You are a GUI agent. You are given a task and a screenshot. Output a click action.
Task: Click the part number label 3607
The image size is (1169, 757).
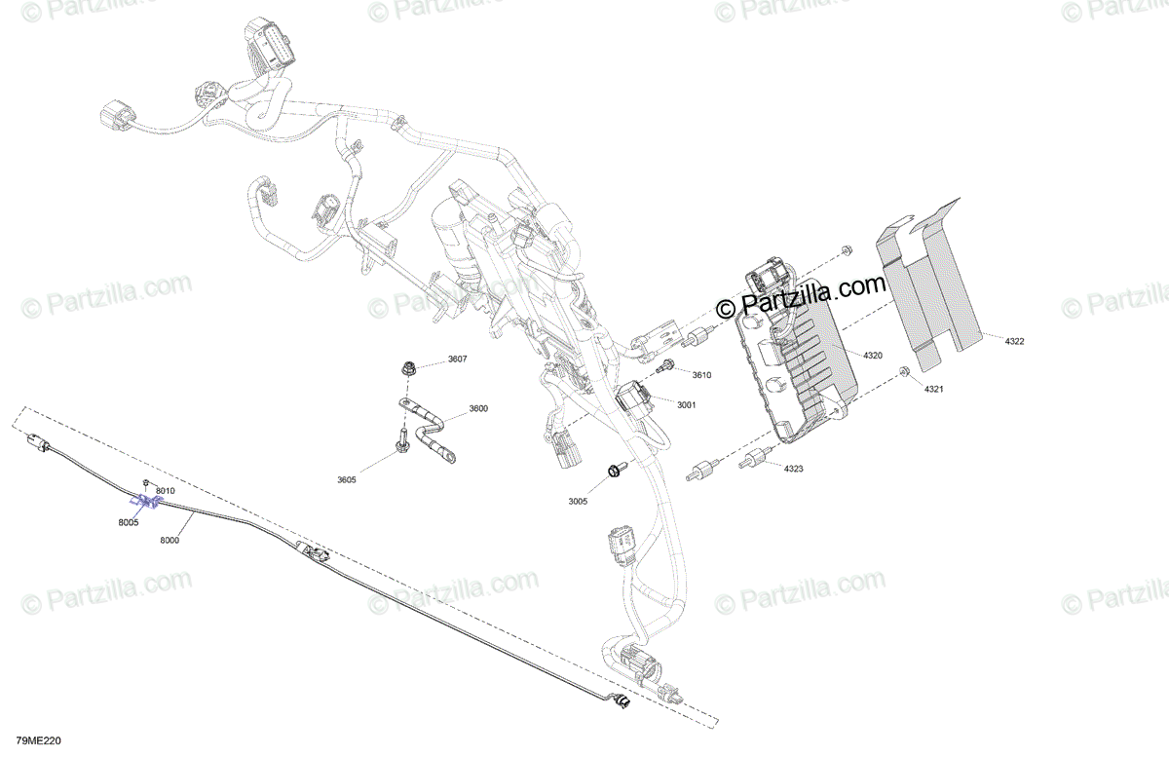point(457,360)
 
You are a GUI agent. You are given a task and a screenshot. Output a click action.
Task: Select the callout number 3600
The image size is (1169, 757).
point(477,408)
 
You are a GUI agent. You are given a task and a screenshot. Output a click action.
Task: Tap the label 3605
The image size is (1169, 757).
point(347,479)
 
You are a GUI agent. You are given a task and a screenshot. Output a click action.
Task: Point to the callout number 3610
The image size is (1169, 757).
point(702,375)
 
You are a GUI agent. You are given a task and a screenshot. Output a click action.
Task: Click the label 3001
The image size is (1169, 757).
point(686,404)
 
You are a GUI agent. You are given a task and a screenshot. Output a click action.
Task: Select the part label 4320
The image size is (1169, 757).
point(872,356)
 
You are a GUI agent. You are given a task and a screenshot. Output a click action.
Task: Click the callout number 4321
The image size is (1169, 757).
point(935,390)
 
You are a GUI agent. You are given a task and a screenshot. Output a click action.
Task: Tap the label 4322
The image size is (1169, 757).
point(1014,341)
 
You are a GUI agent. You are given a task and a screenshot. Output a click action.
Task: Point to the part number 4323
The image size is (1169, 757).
point(794,470)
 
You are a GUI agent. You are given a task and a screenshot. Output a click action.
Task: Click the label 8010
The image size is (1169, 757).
point(165,490)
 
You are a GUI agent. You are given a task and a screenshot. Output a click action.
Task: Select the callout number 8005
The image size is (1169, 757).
point(128,523)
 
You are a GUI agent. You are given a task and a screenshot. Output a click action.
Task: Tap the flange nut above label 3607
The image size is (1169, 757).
point(407,368)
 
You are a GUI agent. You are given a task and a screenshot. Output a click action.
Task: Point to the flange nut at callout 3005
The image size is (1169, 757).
point(614,472)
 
